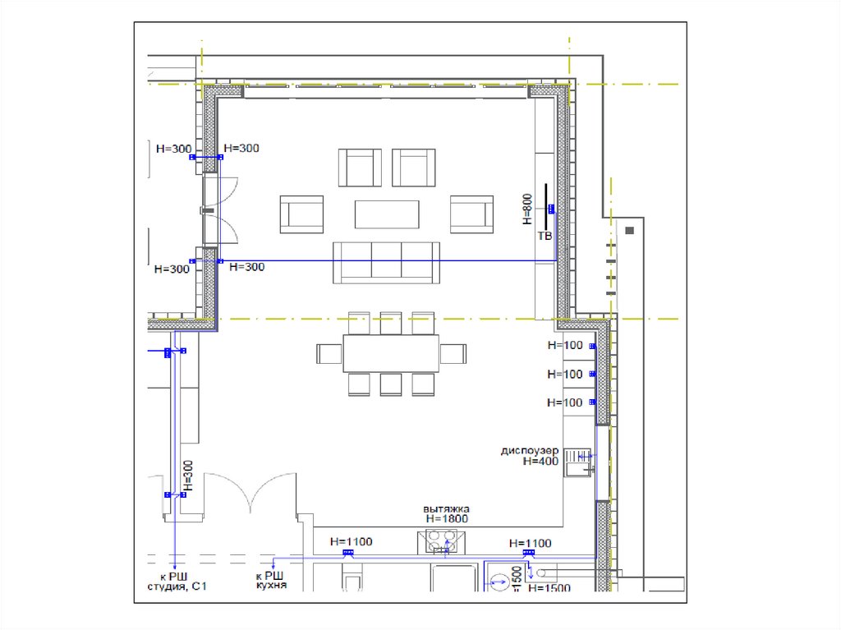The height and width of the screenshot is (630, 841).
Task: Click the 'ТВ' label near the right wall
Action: click(545, 236)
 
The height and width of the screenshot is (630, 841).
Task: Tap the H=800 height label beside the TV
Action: click(528, 209)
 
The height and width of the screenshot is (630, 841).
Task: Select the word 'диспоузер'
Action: click(530, 450)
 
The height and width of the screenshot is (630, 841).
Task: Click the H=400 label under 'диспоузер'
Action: click(540, 461)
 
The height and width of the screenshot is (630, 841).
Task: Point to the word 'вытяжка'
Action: click(446, 508)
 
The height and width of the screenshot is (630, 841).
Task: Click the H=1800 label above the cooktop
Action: click(447, 519)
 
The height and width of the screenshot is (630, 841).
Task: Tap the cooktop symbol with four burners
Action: click(441, 542)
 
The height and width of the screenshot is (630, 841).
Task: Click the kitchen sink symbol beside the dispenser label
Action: click(577, 462)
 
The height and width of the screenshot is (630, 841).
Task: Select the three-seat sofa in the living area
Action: click(386, 262)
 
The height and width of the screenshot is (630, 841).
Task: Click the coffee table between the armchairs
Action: click(387, 214)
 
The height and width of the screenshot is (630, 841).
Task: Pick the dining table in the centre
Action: click(391, 354)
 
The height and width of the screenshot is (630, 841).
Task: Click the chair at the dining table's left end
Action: click(329, 354)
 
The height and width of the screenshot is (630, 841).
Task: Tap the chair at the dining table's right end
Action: click(453, 354)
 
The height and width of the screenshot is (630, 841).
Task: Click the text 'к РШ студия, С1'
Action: click(177, 582)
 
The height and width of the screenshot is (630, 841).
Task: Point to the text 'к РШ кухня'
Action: click(271, 580)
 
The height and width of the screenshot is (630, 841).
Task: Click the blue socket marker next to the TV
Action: click(551, 209)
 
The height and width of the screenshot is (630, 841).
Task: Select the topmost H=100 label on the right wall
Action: click(565, 346)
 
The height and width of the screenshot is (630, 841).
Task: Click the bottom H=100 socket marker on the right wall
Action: click(592, 402)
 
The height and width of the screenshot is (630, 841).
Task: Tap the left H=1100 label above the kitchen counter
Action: click(351, 542)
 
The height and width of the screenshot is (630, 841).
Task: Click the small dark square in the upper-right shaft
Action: click(630, 230)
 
